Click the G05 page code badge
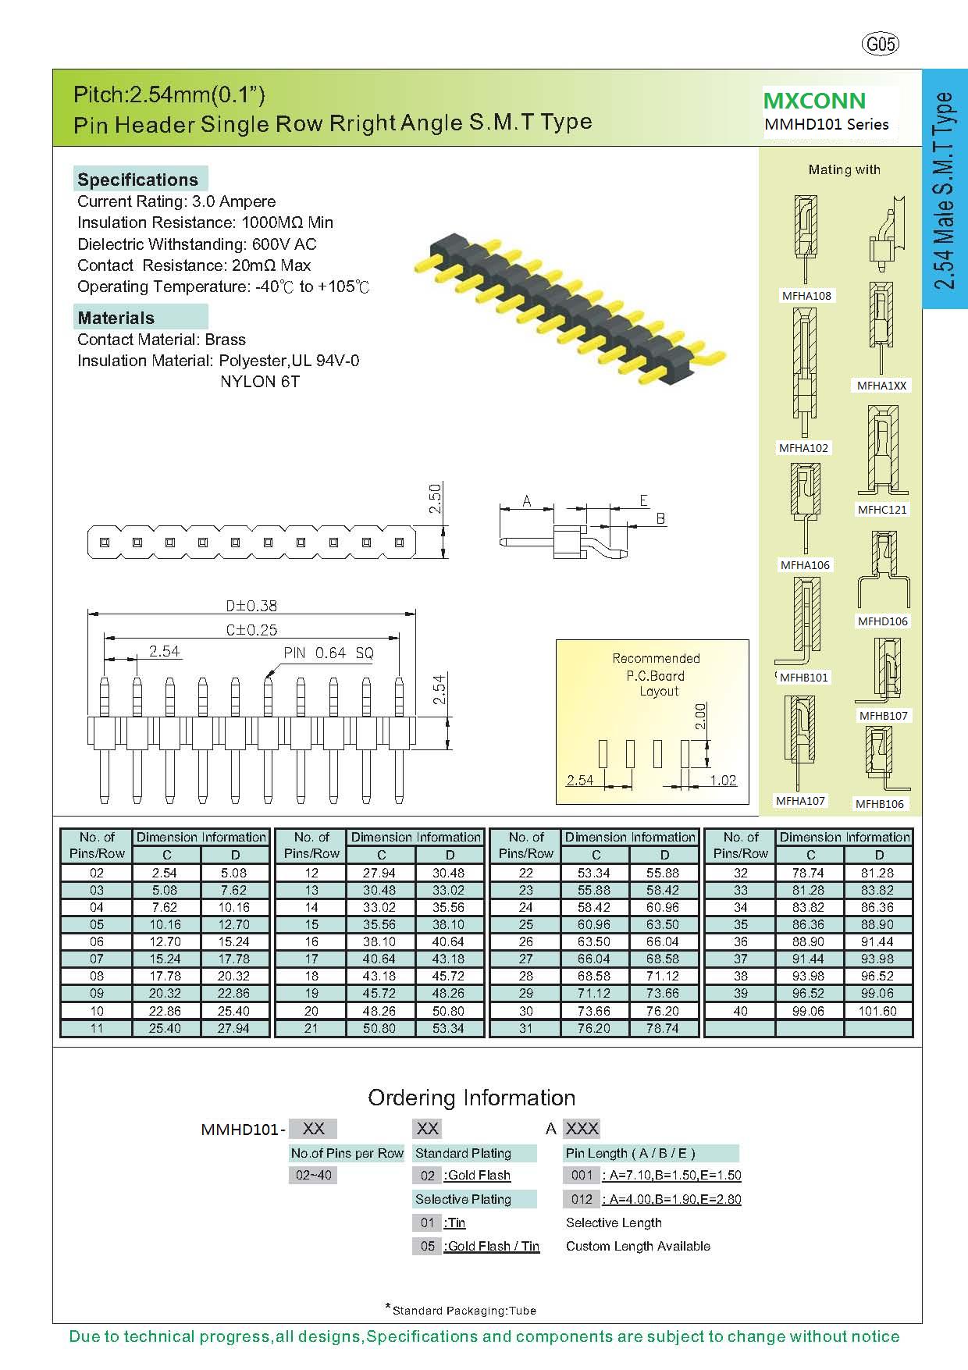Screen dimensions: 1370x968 pyautogui.click(x=881, y=44)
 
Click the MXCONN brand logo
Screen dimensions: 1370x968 pyautogui.click(x=814, y=101)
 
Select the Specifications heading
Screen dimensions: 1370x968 pyautogui.click(x=138, y=180)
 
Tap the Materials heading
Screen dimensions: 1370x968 pyautogui.click(x=116, y=318)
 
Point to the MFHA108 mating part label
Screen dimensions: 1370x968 pyautogui.click(x=806, y=296)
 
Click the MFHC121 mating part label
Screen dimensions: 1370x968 pyautogui.click(x=882, y=510)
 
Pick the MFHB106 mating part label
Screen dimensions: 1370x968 pyautogui.click(x=880, y=804)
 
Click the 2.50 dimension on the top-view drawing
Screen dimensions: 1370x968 pyautogui.click(x=436, y=498)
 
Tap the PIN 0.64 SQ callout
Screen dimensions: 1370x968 pyautogui.click(x=329, y=653)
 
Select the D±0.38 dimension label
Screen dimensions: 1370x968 pyautogui.click(x=251, y=606)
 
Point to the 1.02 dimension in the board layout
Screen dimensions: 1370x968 pyautogui.click(x=723, y=780)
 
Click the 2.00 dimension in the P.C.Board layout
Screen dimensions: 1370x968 pyautogui.click(x=700, y=716)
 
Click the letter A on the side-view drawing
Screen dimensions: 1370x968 pyautogui.click(x=527, y=501)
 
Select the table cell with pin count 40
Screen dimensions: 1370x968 pyautogui.click(x=740, y=1011)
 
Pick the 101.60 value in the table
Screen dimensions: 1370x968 pyautogui.click(x=878, y=1011)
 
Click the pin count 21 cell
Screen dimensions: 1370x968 pyautogui.click(x=311, y=1028)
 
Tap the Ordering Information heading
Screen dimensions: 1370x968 pyautogui.click(x=472, y=1098)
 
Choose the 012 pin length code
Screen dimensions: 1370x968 pyautogui.click(x=582, y=1199)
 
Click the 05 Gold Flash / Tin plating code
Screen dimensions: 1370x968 pyautogui.click(x=427, y=1246)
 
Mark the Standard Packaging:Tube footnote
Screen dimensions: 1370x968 pyautogui.click(x=464, y=1311)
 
